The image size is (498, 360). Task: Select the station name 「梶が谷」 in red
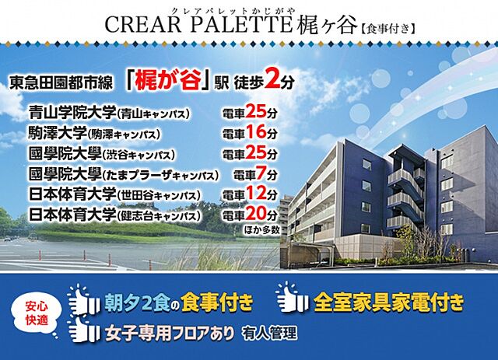click(x=175, y=80)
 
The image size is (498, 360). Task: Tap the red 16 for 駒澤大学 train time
click(x=255, y=132)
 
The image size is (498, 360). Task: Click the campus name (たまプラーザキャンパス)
click(x=162, y=174)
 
